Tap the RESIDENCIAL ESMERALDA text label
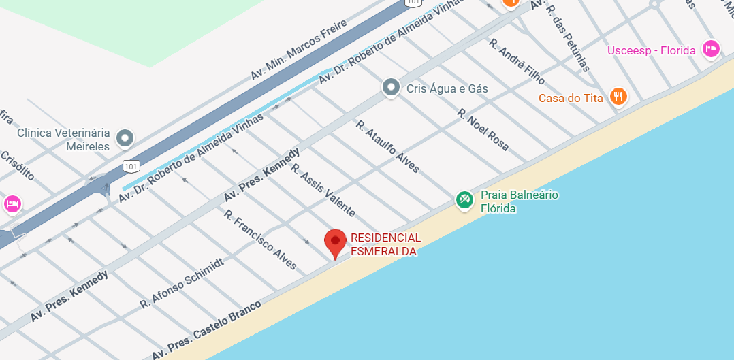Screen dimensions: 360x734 [385, 244]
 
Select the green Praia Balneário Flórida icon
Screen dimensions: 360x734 [465, 200]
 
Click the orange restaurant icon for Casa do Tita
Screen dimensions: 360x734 [618, 97]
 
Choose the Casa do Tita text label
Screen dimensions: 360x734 [571, 98]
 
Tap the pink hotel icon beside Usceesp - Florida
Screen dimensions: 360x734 [712, 49]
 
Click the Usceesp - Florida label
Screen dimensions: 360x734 [652, 50]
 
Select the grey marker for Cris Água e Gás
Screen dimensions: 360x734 [391, 87]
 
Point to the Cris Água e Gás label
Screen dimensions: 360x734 [447, 88]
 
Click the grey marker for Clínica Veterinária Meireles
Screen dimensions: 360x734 [125, 139]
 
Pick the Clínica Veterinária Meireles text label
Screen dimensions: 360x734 [64, 140]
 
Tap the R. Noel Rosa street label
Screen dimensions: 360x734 [483, 129]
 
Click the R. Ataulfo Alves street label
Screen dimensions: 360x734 [388, 146]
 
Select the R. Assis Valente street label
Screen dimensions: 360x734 [323, 190]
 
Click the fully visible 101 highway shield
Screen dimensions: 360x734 [131, 165]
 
